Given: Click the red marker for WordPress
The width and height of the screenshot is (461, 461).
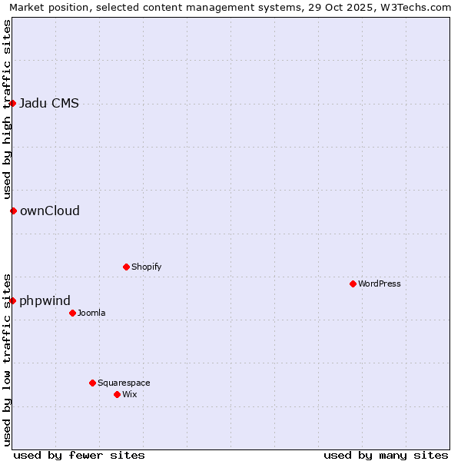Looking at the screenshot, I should [353, 284].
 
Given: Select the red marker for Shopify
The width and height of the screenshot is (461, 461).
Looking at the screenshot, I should [126, 267].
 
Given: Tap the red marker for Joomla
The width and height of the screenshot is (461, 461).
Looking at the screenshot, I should [72, 313].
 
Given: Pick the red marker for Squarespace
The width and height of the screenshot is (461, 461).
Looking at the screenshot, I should [92, 383].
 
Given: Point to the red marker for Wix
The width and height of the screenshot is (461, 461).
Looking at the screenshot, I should [117, 394].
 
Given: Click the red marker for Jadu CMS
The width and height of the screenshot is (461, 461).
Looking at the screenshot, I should [13, 103].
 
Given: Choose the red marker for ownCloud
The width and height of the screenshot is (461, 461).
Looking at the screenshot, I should [13, 211].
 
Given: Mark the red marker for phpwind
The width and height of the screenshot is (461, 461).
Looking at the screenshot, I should [13, 300].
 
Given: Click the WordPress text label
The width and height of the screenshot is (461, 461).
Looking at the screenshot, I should [380, 284].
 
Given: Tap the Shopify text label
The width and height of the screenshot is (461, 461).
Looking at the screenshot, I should [147, 267].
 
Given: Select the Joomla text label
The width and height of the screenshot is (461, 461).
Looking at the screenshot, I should [91, 313].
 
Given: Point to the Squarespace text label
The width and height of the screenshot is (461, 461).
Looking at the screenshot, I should [124, 383].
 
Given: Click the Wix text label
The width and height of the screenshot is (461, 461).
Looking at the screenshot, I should [130, 394].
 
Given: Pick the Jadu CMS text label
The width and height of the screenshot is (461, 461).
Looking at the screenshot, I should [49, 104].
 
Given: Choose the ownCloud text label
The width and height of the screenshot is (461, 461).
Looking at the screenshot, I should [50, 211].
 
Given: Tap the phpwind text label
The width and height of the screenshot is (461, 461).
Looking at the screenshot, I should [45, 301].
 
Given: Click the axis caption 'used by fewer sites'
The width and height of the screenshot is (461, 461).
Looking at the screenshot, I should [79, 455].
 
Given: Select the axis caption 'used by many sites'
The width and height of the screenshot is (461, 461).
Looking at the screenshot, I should [386, 455].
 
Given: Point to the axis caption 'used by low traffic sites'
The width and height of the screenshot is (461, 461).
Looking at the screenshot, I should [8, 359].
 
